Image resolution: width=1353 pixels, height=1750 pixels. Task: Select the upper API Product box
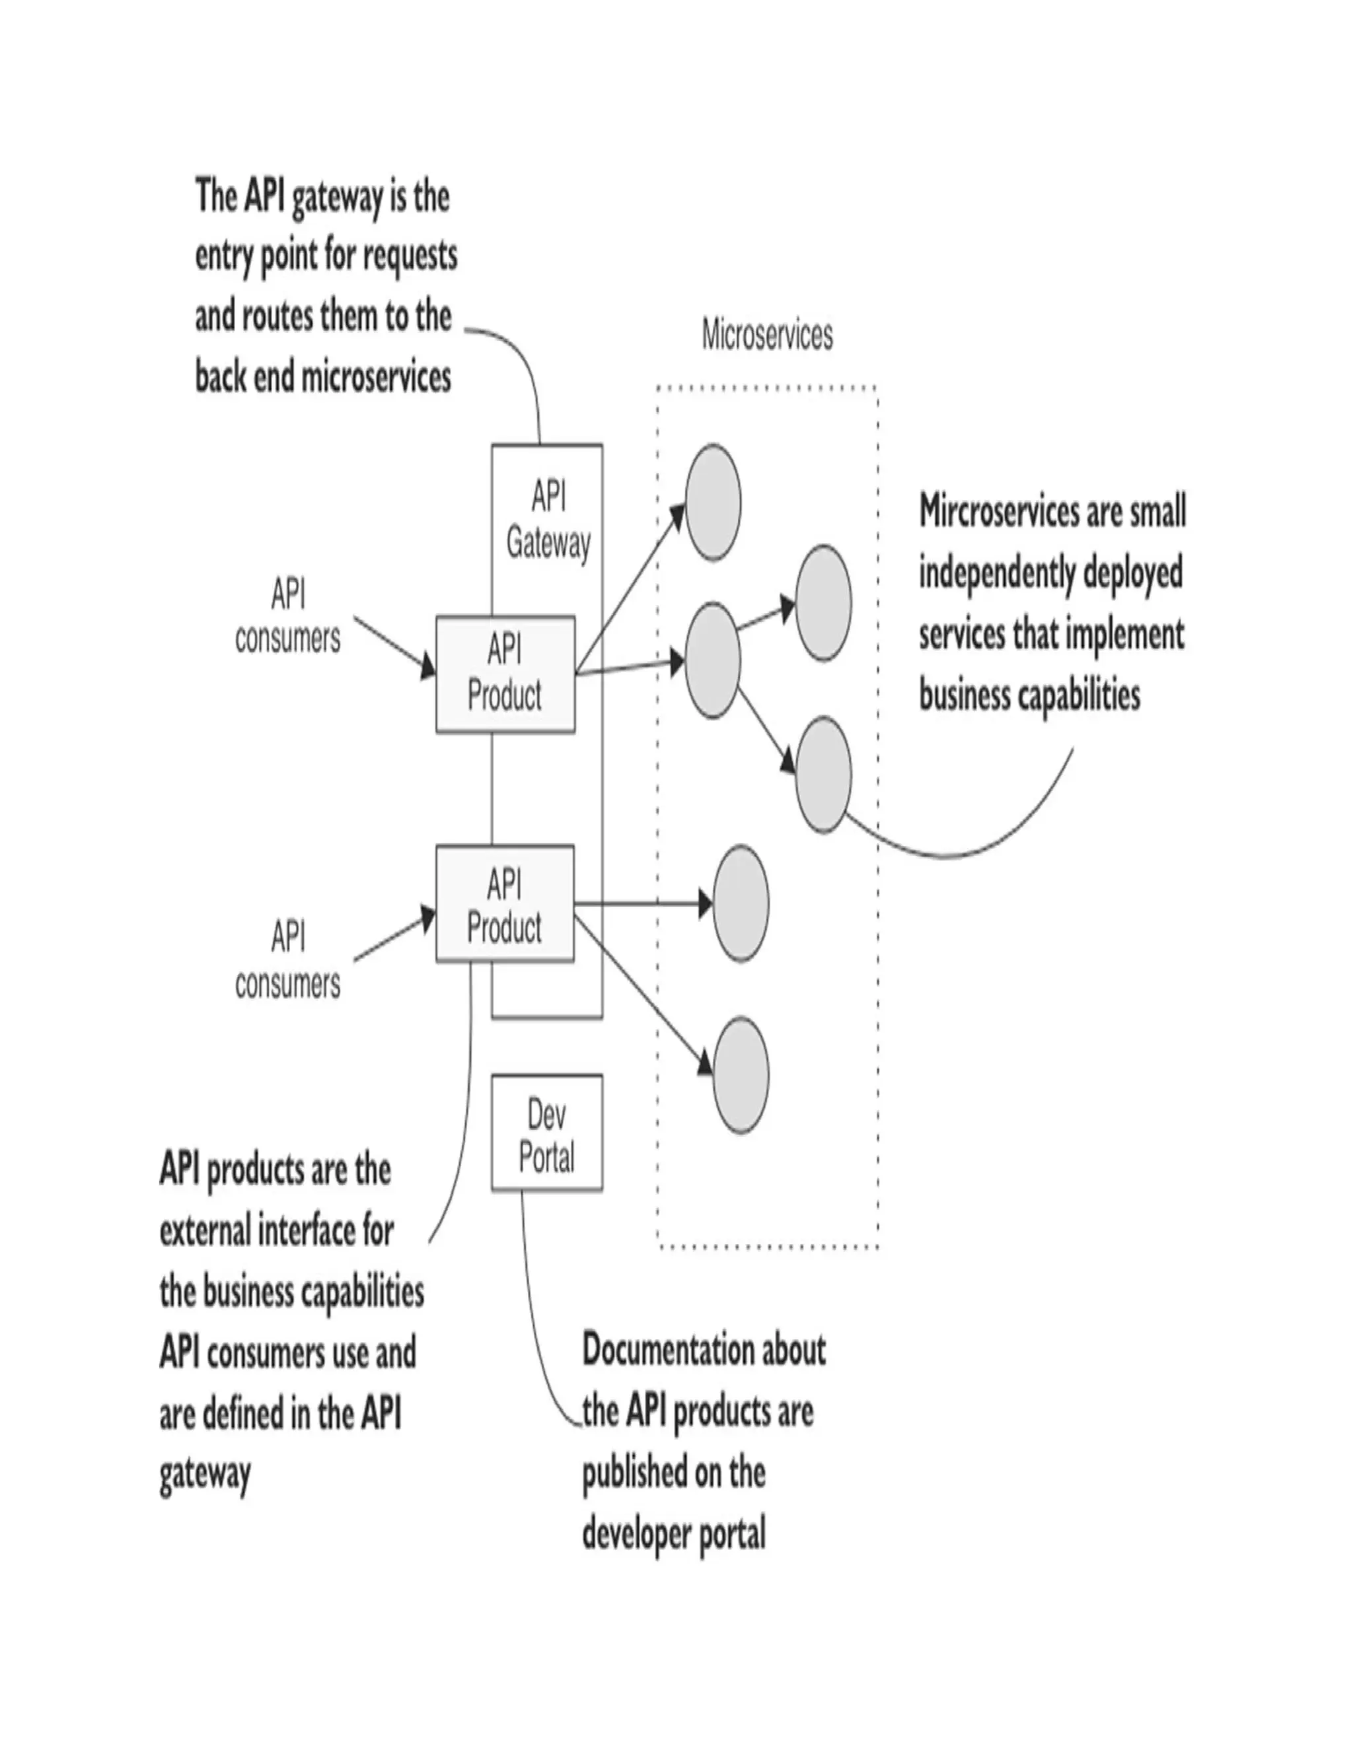(505, 674)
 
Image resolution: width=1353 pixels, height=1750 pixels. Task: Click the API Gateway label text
(548, 521)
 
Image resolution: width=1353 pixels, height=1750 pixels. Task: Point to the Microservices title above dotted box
(767, 335)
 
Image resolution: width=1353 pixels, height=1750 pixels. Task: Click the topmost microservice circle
(713, 503)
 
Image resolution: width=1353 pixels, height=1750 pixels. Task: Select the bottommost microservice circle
(741, 1075)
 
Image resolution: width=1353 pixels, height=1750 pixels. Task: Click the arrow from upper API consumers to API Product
(393, 647)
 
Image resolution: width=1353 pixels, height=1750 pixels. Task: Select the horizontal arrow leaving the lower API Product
(641, 904)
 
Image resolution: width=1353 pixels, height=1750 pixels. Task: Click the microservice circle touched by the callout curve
(823, 775)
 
